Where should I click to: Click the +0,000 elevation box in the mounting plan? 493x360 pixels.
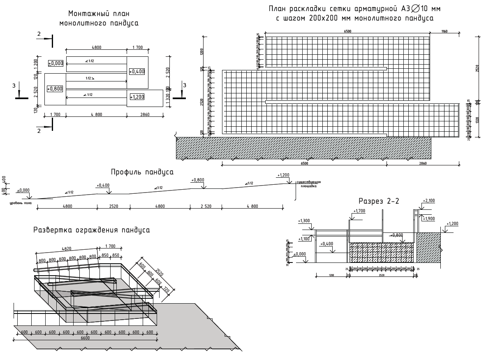(56, 63)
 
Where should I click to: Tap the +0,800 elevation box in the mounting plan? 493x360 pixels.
(55, 89)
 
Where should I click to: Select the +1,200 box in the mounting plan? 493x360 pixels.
(137, 97)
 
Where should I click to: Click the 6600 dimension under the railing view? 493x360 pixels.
(85, 338)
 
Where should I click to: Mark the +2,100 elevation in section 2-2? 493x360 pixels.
(428, 201)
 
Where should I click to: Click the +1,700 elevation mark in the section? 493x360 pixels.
(359, 211)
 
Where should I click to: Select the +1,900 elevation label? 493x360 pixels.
(429, 218)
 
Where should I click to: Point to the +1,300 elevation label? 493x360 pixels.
(304, 221)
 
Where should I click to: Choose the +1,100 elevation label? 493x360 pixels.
(304, 239)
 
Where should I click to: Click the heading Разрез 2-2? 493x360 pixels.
(379, 201)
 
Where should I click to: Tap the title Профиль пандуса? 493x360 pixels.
(142, 172)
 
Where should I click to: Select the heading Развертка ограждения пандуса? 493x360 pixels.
(91, 230)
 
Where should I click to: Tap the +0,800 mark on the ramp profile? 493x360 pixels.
(198, 180)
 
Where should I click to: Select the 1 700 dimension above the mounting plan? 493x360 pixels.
(137, 48)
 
